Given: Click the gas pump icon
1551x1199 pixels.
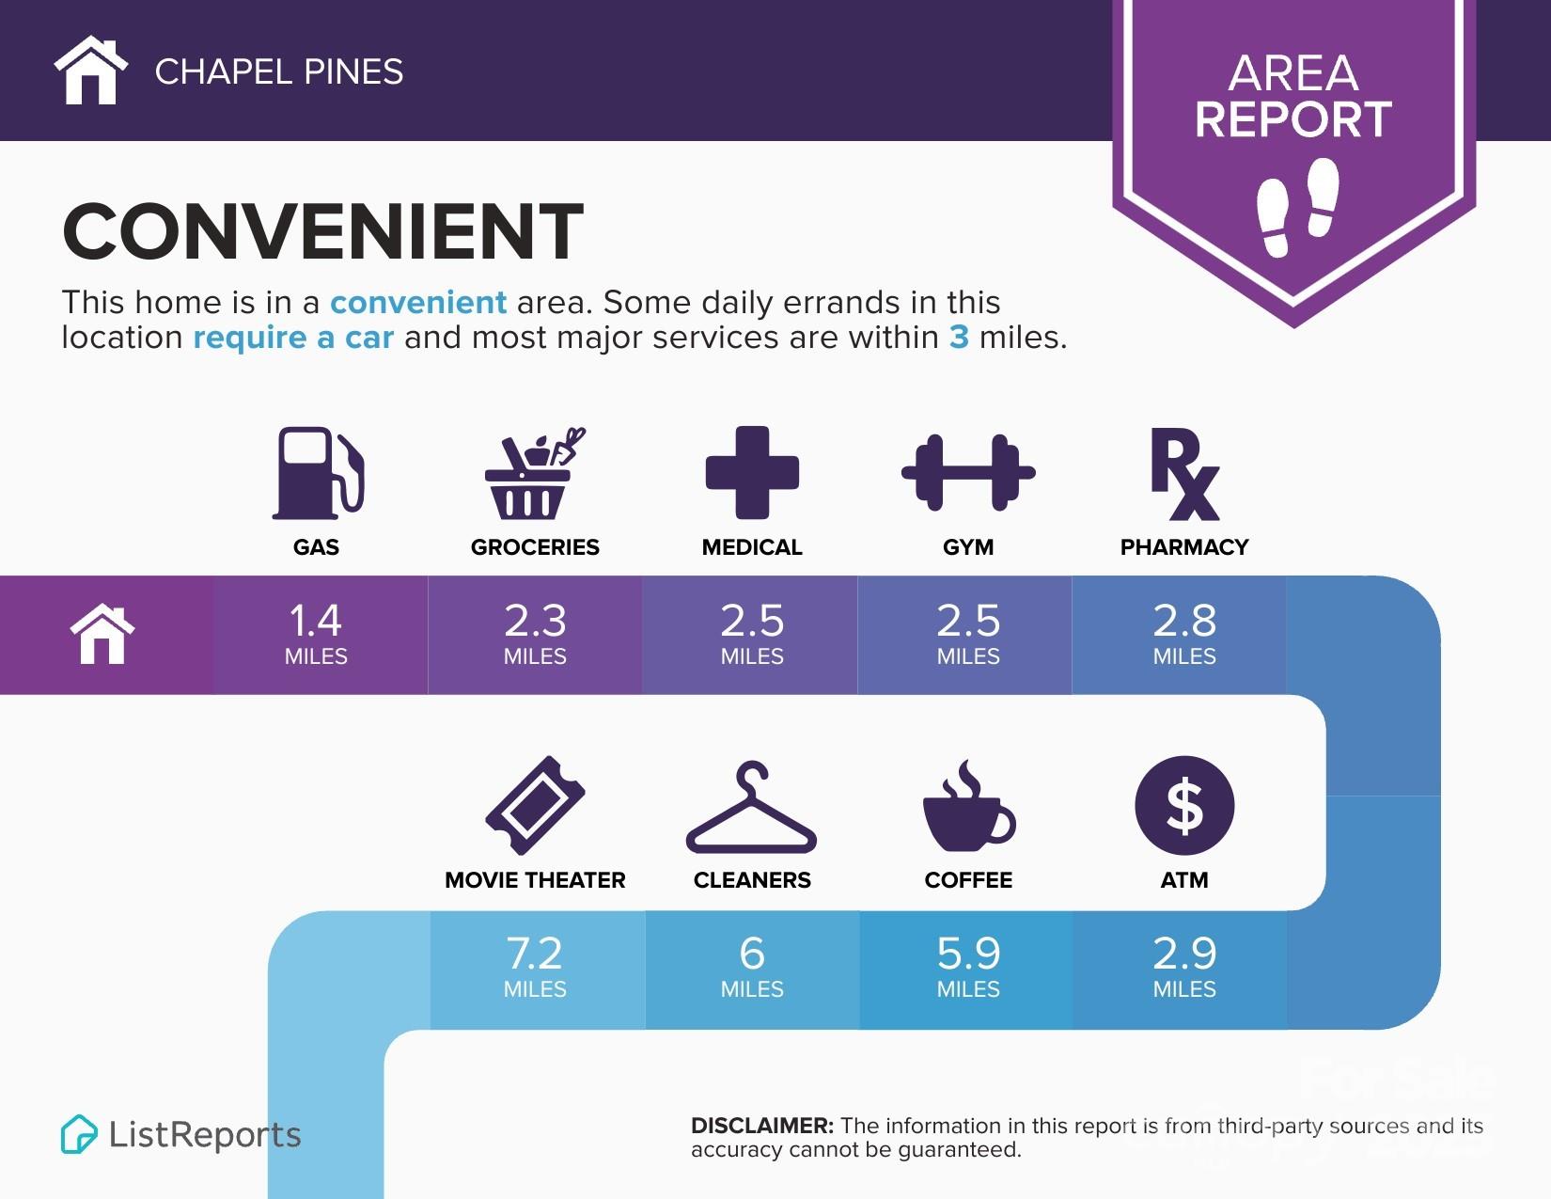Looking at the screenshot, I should pyautogui.click(x=318, y=473).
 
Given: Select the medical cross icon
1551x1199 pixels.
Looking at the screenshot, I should pyautogui.click(x=752, y=472).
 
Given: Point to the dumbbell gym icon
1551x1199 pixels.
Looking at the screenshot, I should pyautogui.click(x=968, y=472).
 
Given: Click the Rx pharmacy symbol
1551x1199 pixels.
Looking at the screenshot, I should pyautogui.click(x=1183, y=474).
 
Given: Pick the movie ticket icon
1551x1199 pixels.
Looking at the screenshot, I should pyautogui.click(x=535, y=806).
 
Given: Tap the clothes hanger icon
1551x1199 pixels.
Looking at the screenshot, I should pyautogui.click(x=752, y=808).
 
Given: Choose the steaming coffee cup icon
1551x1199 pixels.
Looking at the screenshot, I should pyautogui.click(x=968, y=808).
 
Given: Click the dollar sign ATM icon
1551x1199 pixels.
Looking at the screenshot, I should pyautogui.click(x=1184, y=806).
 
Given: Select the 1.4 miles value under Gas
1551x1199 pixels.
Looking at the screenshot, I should pyautogui.click(x=316, y=621).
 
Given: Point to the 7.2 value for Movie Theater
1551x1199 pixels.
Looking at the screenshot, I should pyautogui.click(x=535, y=954).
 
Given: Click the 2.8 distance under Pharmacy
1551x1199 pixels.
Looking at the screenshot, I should pyautogui.click(x=1184, y=621).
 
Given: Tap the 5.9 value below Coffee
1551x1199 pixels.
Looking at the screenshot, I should pyautogui.click(x=968, y=954).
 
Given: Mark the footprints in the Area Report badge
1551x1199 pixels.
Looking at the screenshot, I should pyautogui.click(x=1297, y=207).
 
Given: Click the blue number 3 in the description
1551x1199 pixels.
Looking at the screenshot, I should pyautogui.click(x=959, y=338).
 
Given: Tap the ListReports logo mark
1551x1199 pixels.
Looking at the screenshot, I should pyautogui.click(x=79, y=1134).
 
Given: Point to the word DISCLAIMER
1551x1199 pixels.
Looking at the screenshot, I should pyautogui.click(x=761, y=1126).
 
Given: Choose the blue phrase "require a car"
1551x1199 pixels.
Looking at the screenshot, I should pyautogui.click(x=293, y=338).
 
